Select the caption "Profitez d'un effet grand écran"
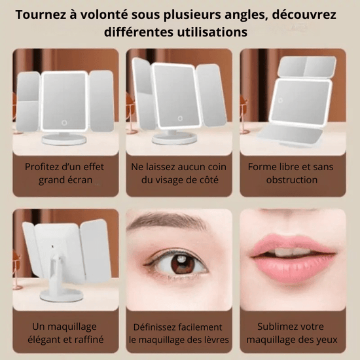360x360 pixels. pyautogui.click(x=65, y=173)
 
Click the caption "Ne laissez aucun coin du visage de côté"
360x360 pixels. pyautogui.click(x=179, y=173)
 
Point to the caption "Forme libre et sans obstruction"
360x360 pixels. pyautogui.click(x=291, y=173)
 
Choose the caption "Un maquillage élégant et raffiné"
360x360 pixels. pyautogui.click(x=65, y=333)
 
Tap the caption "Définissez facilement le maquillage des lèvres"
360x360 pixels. pyautogui.click(x=179, y=333)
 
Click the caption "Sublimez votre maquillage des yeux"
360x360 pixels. pyautogui.click(x=292, y=333)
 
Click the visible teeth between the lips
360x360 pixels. pyautogui.click(x=291, y=251)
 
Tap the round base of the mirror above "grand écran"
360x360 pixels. pyautogui.click(x=64, y=139)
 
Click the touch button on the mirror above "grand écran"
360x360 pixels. pyautogui.click(x=64, y=123)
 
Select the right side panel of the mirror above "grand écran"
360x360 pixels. pyautogui.click(x=101, y=101)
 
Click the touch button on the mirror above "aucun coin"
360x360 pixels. pyautogui.click(x=180, y=118)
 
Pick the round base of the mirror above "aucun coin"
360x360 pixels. pyautogui.click(x=175, y=138)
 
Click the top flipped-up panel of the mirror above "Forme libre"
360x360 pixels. pyautogui.click(x=306, y=67)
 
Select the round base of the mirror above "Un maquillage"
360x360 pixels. pyautogui.click(x=62, y=295)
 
